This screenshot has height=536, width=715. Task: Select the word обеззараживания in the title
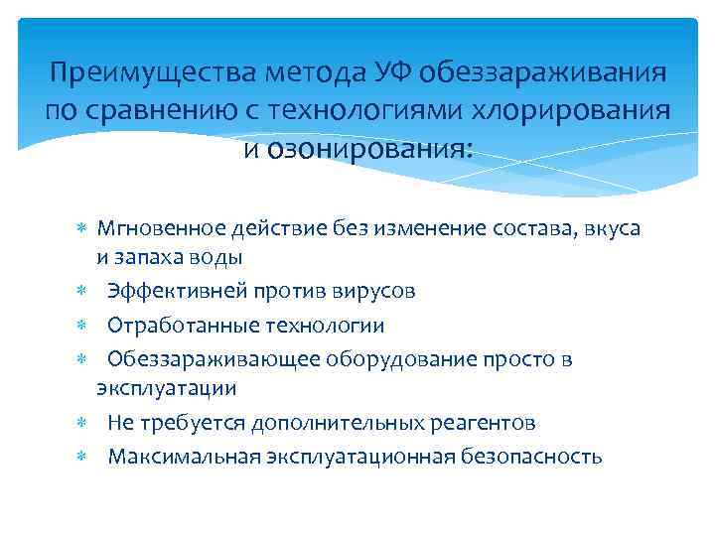click(541, 74)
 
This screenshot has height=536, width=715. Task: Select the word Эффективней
click(176, 293)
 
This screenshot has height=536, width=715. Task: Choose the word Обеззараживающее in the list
click(201, 359)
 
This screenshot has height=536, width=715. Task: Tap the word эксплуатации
click(166, 388)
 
